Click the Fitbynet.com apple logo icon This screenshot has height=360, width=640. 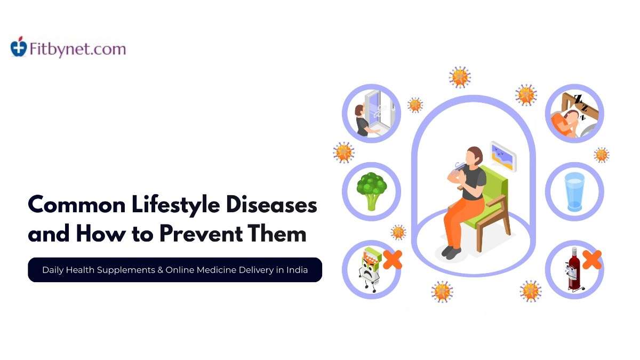click(x=19, y=48)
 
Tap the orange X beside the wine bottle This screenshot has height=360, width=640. click(x=591, y=260)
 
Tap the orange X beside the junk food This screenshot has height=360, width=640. click(x=392, y=260)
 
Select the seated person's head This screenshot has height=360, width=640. click(x=474, y=156)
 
